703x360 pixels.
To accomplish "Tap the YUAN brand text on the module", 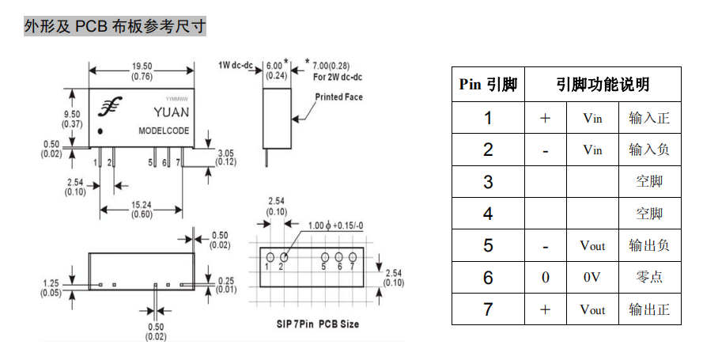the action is pyautogui.click(x=172, y=112).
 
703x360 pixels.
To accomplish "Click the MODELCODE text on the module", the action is pyautogui.click(x=164, y=131).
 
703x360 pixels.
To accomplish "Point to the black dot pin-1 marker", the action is pyautogui.click(x=100, y=131).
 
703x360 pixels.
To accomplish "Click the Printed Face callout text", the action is pyautogui.click(x=338, y=97).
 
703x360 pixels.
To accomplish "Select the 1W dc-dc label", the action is pyautogui.click(x=236, y=66).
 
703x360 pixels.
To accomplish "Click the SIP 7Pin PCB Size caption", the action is pyautogui.click(x=317, y=324).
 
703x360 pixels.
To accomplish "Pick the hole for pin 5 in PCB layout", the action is pyautogui.click(x=325, y=257).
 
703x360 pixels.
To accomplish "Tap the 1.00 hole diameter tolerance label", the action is pyautogui.click(x=336, y=225).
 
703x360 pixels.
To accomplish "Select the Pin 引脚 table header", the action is pyautogui.click(x=488, y=85).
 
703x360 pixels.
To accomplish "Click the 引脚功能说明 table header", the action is pyautogui.click(x=603, y=85).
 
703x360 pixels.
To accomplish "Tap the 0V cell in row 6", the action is pyautogui.click(x=592, y=278).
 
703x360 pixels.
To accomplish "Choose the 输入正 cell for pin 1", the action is pyautogui.click(x=649, y=118).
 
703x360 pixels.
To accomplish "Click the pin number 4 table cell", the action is pyautogui.click(x=488, y=214).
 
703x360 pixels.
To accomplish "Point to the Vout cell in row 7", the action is pyautogui.click(x=592, y=309).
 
